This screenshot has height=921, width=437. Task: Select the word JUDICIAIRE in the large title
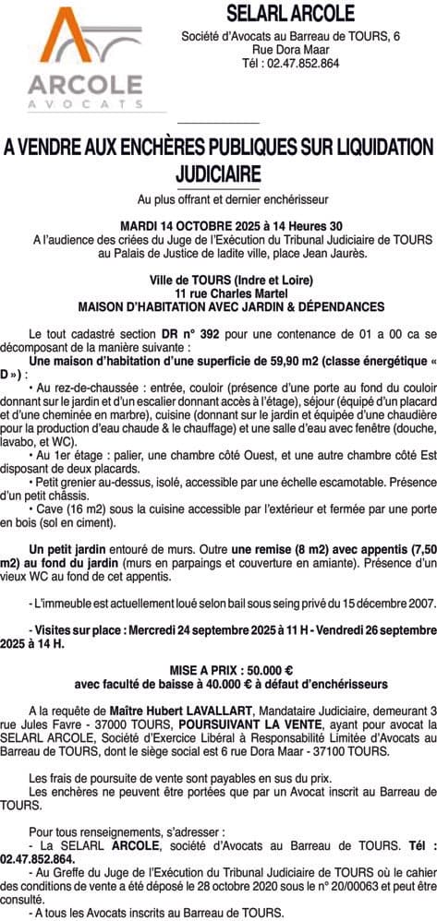pyautogui.click(x=218, y=173)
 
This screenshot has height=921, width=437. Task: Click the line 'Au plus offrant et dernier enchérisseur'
pyautogui.click(x=219, y=199)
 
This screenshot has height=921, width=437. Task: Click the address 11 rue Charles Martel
pyautogui.click(x=219, y=293)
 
